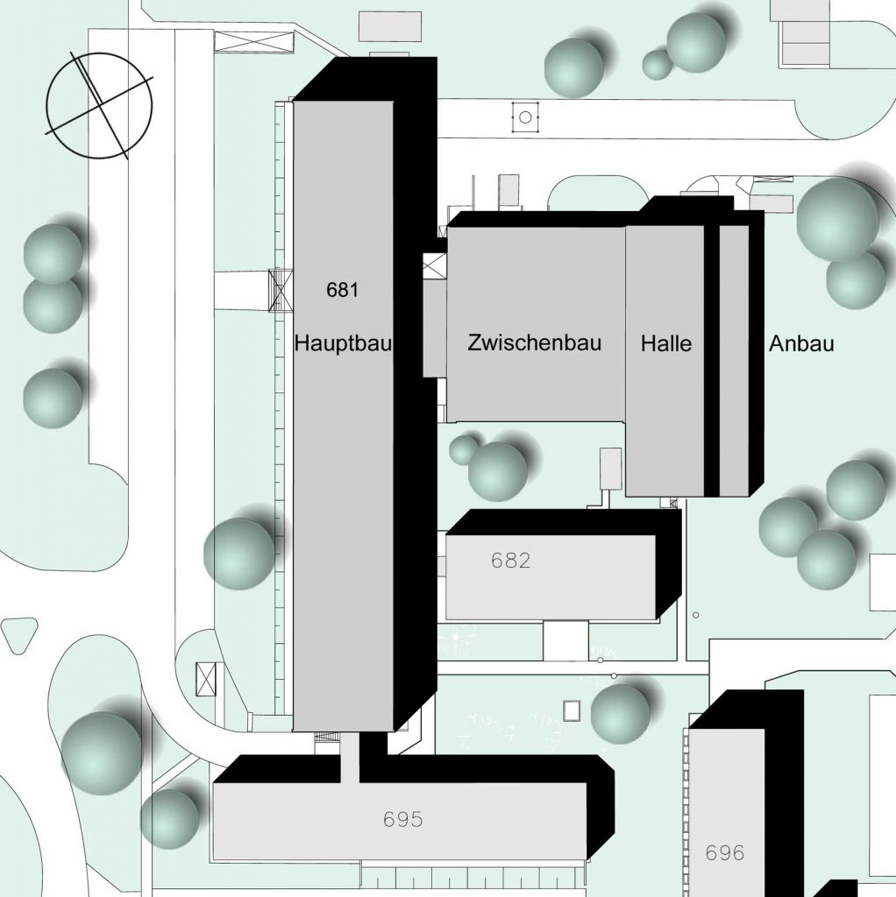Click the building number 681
[342, 290]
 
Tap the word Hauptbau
[343, 343]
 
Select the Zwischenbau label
[535, 343]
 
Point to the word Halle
[665, 343]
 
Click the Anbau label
[801, 343]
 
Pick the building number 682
[511, 561]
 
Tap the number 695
[403, 820]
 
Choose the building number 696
[724, 852]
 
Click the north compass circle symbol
[99, 106]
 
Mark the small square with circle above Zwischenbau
[524, 117]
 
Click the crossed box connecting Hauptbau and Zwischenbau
[434, 266]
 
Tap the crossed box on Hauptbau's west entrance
[281, 291]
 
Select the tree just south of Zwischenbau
[497, 471]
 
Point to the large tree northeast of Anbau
[837, 219]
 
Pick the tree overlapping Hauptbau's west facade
[239, 553]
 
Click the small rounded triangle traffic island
[19, 633]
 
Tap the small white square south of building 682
[572, 710]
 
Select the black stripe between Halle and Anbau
[711, 359]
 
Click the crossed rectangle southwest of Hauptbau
[207, 679]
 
